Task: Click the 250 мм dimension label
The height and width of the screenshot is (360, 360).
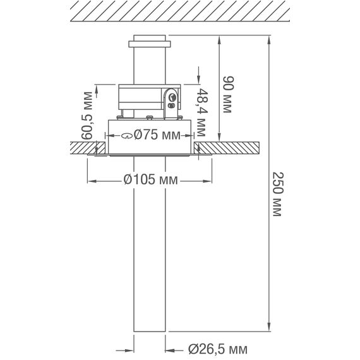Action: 276,195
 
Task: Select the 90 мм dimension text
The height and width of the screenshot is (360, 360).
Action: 228,95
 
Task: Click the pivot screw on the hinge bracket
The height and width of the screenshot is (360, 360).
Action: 172,97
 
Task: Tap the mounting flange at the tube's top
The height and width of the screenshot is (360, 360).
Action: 150,44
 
